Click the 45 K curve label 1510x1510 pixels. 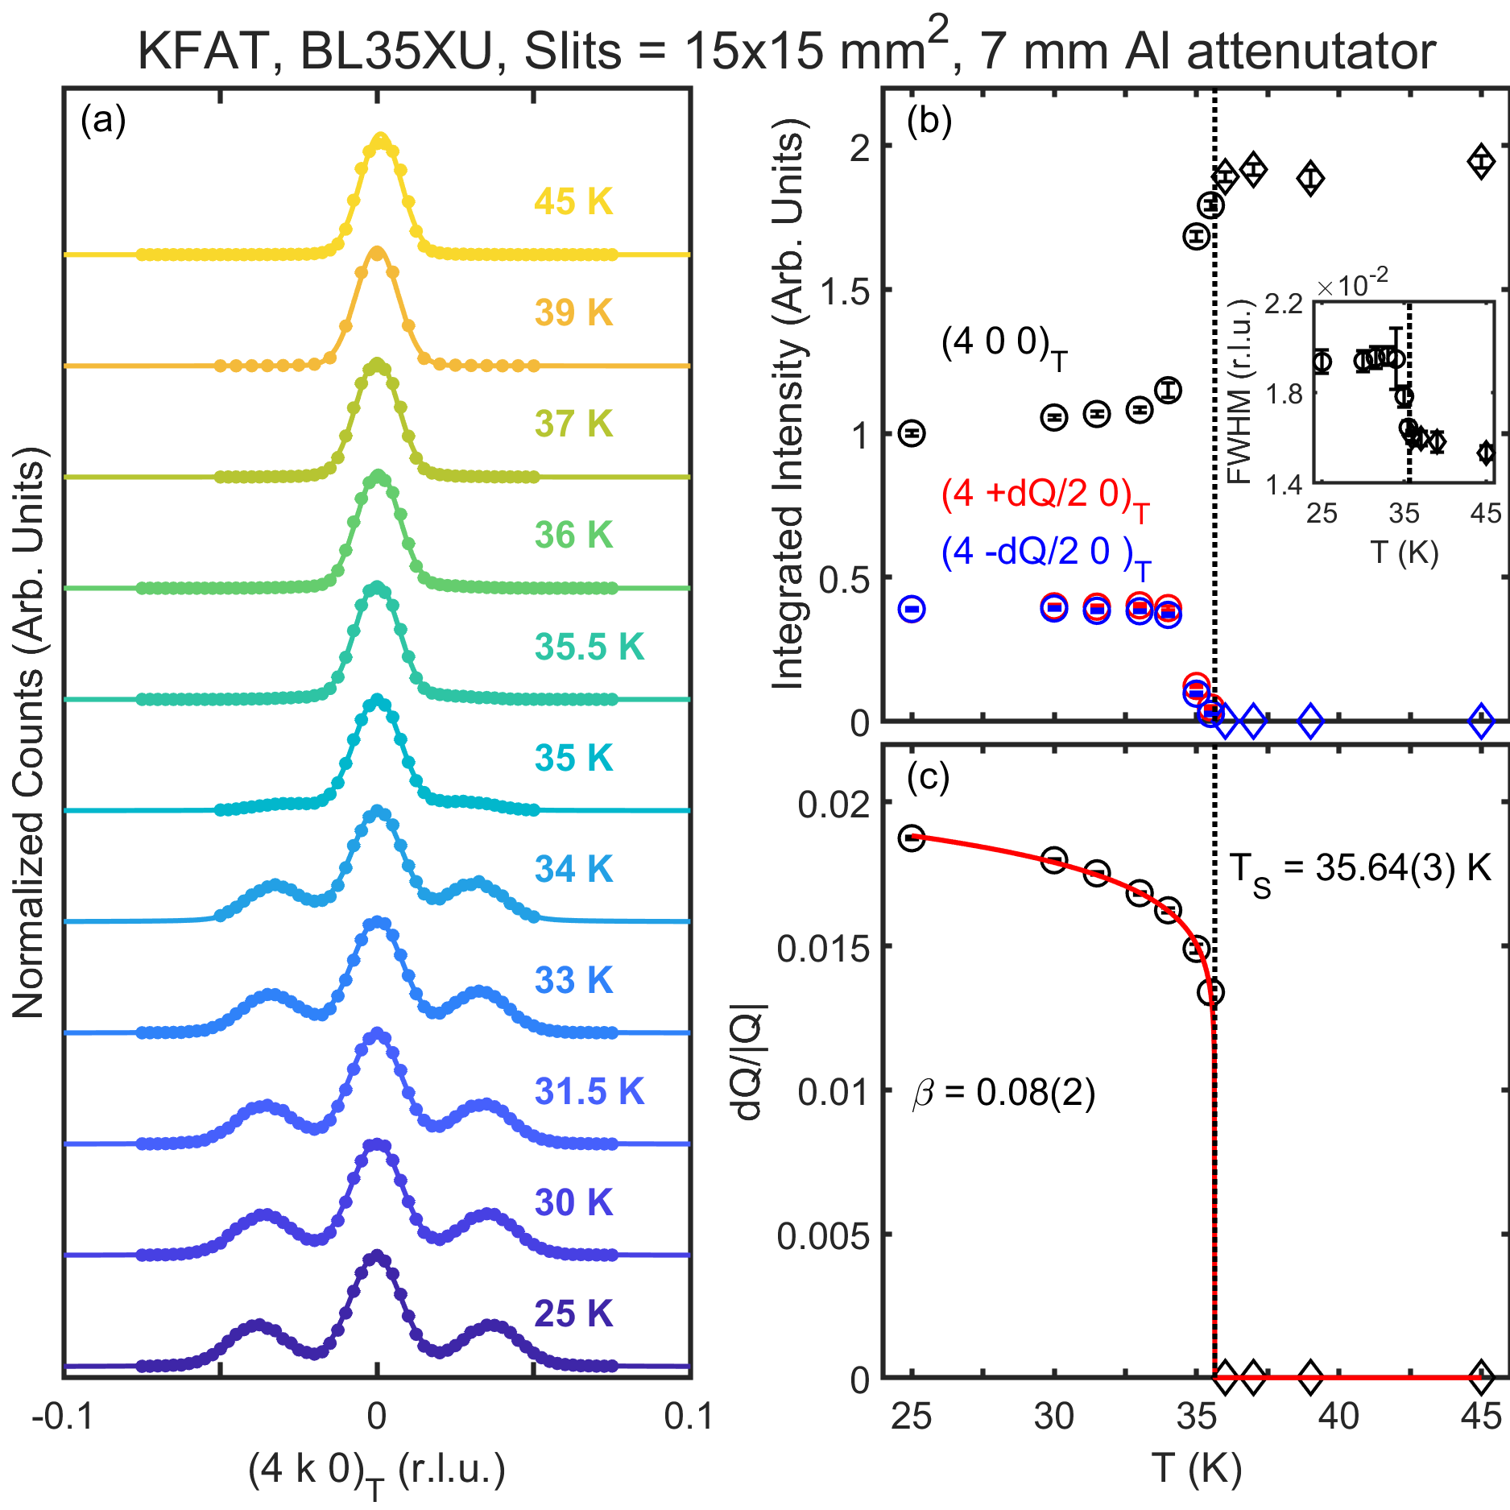573,201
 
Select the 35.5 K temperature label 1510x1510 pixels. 589,647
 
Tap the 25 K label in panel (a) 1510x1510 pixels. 573,1313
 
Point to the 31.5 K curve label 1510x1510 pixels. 589,1091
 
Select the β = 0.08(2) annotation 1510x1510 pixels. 1003,1093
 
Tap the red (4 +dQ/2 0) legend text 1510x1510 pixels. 1045,495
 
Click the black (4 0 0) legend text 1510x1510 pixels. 1003,345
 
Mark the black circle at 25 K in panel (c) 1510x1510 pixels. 912,838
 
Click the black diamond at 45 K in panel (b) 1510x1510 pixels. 1481,161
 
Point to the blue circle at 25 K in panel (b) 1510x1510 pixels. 912,609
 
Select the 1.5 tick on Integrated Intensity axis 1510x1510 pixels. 845,292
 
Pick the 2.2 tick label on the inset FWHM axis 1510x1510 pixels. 1284,304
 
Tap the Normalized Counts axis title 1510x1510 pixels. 29,733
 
